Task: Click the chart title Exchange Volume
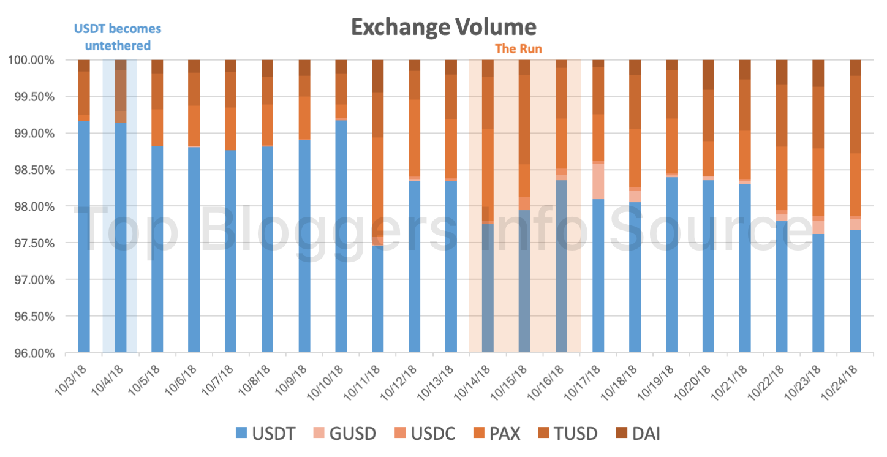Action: pos(443,27)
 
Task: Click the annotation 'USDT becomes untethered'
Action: pos(118,37)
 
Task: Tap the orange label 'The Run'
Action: pos(518,49)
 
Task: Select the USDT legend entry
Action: pos(266,434)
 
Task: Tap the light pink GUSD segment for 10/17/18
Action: pos(598,181)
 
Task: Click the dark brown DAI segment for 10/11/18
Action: pos(378,76)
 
